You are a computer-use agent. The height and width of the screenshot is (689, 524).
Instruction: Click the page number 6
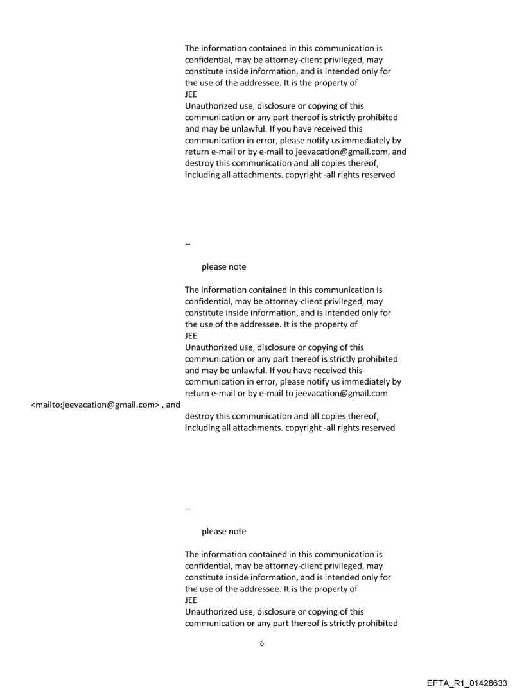[x=261, y=643]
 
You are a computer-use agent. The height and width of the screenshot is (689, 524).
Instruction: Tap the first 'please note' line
[x=223, y=266]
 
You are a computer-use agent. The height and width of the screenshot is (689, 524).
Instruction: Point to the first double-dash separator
[x=188, y=243]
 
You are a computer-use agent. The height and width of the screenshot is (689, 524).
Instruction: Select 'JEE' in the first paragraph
[x=191, y=94]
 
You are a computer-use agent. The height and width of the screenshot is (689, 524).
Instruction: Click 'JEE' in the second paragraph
[x=191, y=335]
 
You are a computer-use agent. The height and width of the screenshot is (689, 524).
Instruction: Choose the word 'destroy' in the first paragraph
[x=200, y=163]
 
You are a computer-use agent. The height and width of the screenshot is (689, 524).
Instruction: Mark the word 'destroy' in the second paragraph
[x=200, y=416]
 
